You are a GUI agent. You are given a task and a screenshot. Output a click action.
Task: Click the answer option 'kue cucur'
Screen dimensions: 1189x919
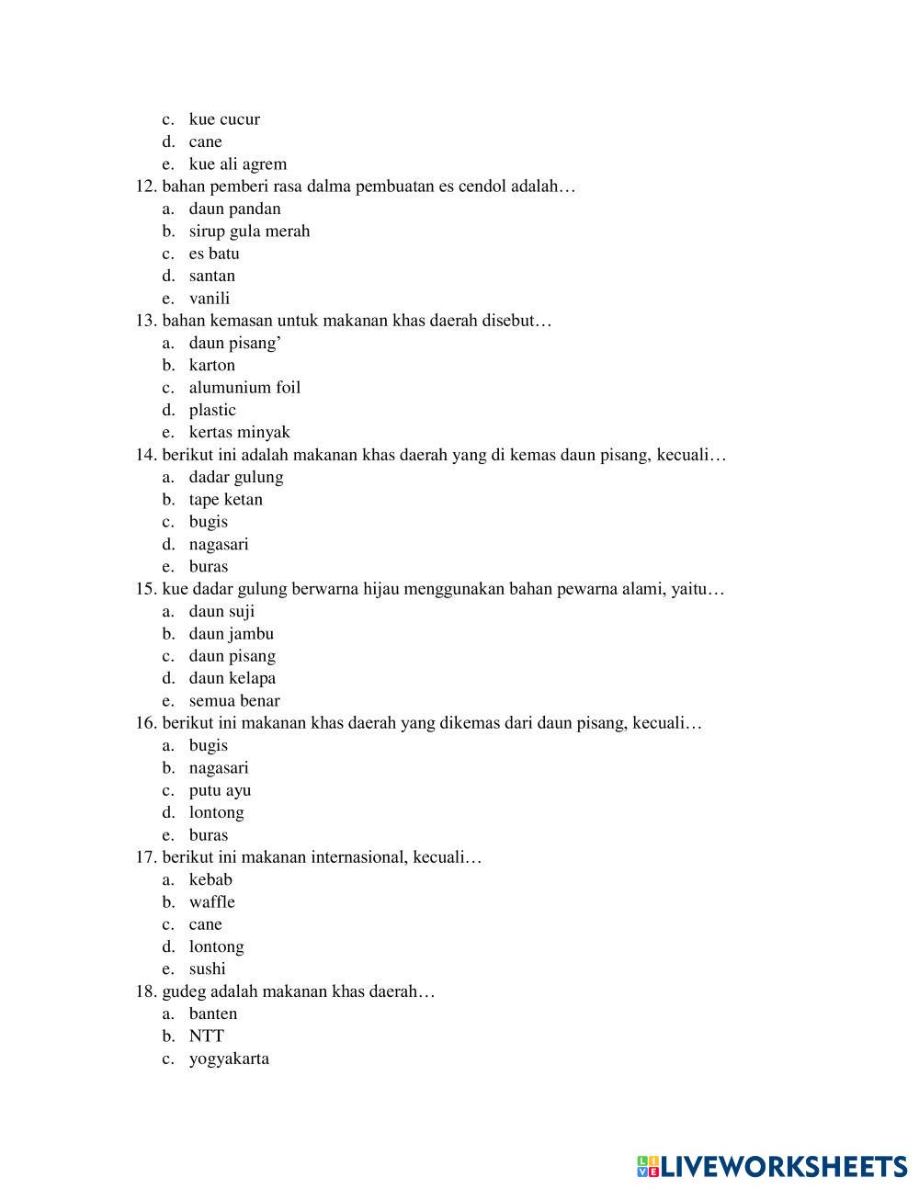(224, 119)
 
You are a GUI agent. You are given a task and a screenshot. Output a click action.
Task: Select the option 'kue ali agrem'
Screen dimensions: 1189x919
(237, 164)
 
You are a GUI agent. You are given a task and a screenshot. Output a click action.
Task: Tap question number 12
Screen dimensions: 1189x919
(146, 187)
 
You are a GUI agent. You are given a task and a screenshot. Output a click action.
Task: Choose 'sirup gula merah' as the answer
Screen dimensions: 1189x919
(249, 232)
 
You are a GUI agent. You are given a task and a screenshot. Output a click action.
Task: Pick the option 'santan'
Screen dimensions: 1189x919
(212, 276)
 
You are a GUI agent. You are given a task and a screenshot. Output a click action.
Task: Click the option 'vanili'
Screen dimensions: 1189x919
(210, 299)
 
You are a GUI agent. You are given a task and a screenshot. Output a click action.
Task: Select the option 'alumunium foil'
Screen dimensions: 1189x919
(244, 388)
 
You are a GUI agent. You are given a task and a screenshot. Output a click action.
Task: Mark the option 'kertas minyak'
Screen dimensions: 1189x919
(239, 433)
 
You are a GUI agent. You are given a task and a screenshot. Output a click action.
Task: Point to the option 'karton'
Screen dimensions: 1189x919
(212, 366)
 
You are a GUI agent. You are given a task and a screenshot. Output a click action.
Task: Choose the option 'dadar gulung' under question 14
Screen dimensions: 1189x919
(236, 477)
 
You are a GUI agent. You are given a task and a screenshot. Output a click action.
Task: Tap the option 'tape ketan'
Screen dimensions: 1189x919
(226, 500)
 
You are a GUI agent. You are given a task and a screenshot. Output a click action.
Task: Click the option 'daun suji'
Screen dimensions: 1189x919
(222, 612)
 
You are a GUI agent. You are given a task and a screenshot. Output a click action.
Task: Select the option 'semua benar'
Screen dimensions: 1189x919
(234, 701)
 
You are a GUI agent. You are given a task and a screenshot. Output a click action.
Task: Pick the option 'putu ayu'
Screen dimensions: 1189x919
(220, 790)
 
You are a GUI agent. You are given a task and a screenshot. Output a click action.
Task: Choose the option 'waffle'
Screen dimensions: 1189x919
(212, 902)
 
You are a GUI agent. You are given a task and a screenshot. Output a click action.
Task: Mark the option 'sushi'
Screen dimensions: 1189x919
(207, 969)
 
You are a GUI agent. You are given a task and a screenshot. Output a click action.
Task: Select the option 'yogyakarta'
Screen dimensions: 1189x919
(229, 1059)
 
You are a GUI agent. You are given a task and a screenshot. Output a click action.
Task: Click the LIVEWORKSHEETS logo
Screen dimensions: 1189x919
(772, 1167)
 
